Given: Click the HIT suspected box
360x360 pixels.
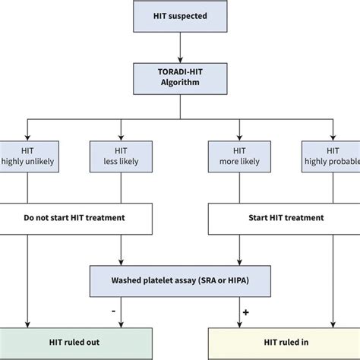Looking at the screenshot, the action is (x=180, y=16).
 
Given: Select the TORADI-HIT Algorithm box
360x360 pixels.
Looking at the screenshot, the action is (x=180, y=79).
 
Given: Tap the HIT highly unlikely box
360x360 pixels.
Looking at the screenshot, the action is (x=30, y=156).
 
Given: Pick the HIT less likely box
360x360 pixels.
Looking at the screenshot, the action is (x=121, y=156).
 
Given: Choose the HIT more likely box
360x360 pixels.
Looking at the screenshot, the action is (x=239, y=156).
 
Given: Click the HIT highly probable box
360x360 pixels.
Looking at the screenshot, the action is (x=331, y=156).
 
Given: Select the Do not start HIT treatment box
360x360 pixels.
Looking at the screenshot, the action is (x=76, y=219).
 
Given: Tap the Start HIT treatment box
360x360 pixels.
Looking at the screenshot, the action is (x=284, y=219).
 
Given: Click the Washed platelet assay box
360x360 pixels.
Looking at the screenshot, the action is (x=180, y=281).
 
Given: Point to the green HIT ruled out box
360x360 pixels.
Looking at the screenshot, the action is (x=76, y=344).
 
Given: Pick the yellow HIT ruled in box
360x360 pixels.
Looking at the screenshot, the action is (x=284, y=344).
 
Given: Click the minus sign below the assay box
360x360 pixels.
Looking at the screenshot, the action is (x=113, y=311).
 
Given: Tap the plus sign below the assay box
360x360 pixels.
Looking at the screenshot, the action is (x=245, y=312).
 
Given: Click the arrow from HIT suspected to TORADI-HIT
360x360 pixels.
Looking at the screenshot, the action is (x=180, y=48).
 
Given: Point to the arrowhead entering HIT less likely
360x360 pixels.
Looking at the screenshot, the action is (x=121, y=137).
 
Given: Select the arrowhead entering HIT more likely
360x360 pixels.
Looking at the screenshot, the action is (x=239, y=137).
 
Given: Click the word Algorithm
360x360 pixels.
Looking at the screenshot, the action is (x=180, y=83).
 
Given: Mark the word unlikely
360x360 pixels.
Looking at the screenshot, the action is (x=39, y=162).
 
